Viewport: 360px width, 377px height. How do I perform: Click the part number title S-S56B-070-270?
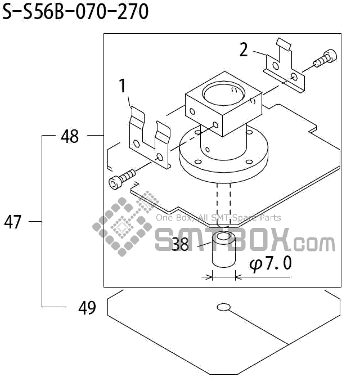(x=76, y=12)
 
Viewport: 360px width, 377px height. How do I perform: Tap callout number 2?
(x=244, y=50)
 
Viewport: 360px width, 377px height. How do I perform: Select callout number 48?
(x=70, y=136)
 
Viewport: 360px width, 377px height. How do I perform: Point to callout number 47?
(x=13, y=222)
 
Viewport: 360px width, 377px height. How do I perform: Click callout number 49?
(x=87, y=308)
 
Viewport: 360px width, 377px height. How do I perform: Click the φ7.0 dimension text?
(x=271, y=263)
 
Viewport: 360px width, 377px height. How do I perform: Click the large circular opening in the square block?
(x=224, y=91)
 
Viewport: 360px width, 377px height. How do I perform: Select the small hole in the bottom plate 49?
(x=223, y=307)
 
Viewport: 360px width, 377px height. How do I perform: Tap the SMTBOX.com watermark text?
(x=245, y=240)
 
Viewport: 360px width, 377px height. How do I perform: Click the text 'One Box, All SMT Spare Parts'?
(x=218, y=218)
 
